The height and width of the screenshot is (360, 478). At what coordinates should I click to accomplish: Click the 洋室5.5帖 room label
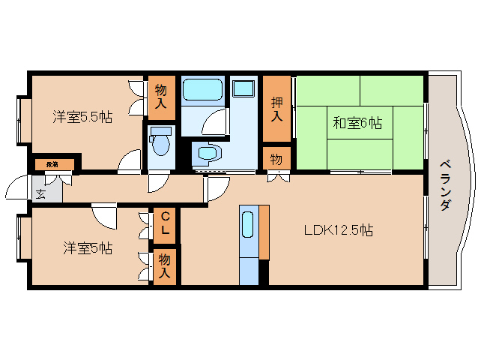pos(82,117)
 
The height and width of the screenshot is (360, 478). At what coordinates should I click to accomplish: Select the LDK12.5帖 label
pos(339,230)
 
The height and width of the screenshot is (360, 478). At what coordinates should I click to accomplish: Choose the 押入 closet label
pos(276,109)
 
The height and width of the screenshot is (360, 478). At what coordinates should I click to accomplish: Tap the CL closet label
pos(165,223)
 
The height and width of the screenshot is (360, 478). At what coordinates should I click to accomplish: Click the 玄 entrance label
pos(39,192)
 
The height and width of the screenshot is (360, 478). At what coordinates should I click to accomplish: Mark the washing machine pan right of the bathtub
pos(243,88)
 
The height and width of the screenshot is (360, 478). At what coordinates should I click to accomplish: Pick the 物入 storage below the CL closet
pos(165,266)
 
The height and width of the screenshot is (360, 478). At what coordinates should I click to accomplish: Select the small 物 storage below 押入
pos(276,158)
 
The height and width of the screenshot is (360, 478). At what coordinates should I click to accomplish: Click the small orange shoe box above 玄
pos(54,163)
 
